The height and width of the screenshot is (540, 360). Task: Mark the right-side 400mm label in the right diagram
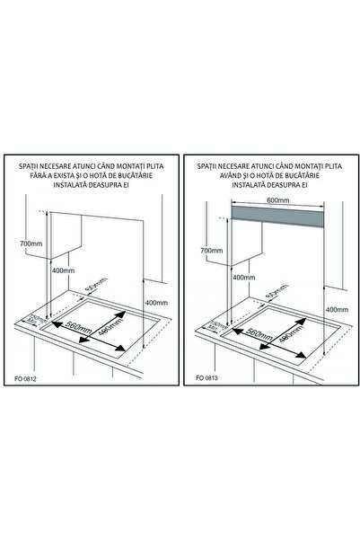tap(336, 309)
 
